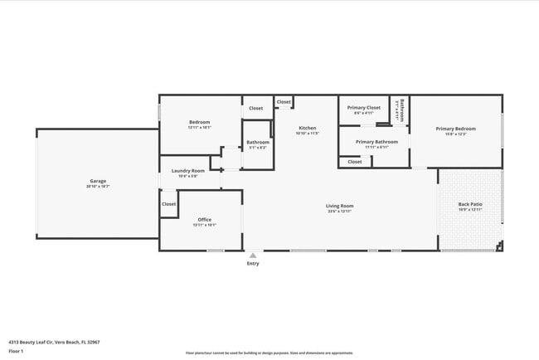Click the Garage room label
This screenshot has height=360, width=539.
98,181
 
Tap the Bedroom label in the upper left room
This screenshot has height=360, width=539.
199,122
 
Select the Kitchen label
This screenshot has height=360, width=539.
308,128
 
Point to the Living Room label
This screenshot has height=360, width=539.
339,206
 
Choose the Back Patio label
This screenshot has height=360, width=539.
470,204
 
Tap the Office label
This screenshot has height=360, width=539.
204,219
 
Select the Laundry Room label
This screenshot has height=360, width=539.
188,171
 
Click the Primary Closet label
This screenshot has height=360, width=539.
363,107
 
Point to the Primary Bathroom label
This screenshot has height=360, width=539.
376,142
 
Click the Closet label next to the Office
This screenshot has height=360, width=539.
169,203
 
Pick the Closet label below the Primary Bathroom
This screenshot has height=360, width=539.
355,162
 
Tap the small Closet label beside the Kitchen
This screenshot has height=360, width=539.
284,102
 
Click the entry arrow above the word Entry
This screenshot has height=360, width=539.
253,255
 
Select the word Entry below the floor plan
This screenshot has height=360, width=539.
253,264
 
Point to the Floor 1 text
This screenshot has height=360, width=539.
16,351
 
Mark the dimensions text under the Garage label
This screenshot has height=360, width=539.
98,187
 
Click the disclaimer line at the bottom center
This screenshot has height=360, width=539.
269,353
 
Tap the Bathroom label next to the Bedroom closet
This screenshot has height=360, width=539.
258,142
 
